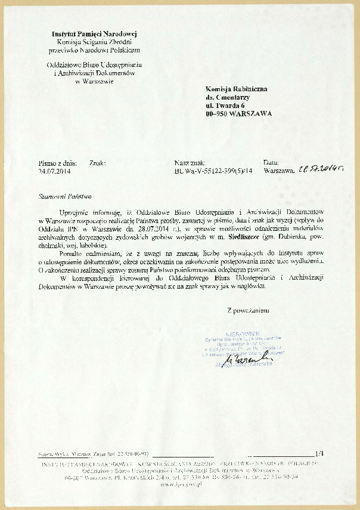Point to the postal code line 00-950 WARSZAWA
point(238,113)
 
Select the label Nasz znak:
point(190,162)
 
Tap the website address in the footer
point(180,484)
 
